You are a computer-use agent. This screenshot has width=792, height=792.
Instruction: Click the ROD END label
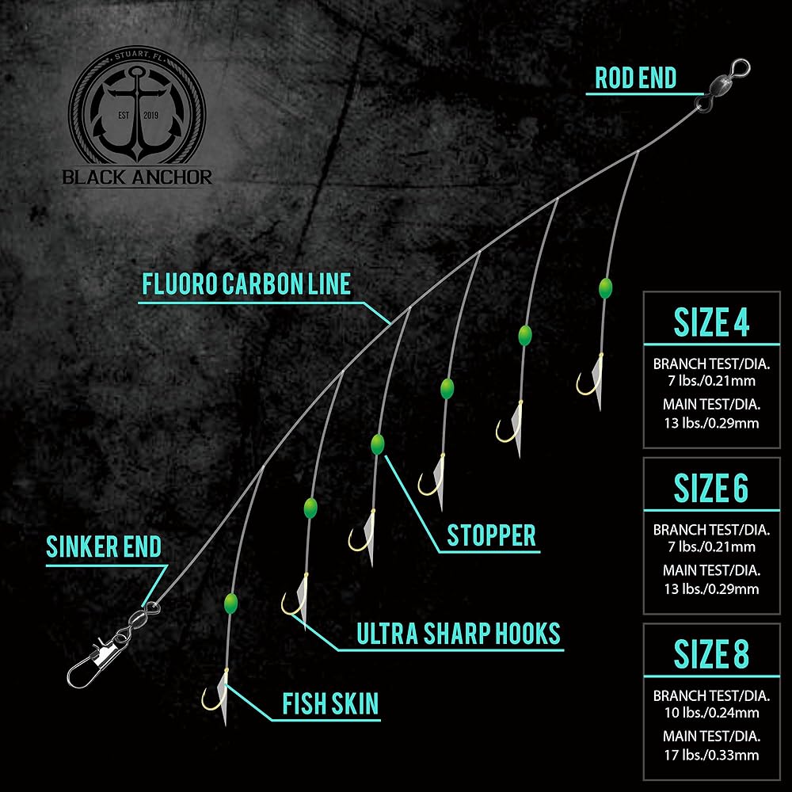pos(635,78)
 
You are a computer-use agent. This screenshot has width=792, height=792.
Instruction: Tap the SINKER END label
pos(104,546)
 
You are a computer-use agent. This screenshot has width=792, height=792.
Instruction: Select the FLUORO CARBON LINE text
pos(246,284)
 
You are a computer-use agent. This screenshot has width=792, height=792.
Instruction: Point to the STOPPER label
pos(491,535)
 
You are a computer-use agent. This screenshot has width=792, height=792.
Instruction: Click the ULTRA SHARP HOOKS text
pos(458,634)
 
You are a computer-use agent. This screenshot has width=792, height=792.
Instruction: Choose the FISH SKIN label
pos(330,703)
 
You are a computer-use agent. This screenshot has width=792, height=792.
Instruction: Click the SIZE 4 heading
pos(711,322)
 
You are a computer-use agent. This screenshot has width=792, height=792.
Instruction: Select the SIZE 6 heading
pos(711,489)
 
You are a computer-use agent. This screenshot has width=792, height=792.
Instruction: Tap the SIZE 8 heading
pos(711,655)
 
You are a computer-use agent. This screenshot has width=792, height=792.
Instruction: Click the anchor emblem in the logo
pos(137,112)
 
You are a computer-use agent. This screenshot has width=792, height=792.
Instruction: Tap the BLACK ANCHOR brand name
pos(138,177)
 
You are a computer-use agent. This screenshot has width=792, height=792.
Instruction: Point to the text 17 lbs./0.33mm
pos(711,755)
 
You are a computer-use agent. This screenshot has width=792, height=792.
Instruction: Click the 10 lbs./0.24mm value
pos(711,712)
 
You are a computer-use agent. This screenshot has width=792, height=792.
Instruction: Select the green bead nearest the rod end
pos(606,287)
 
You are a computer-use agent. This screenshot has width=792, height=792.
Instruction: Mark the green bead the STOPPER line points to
pos(377,443)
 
